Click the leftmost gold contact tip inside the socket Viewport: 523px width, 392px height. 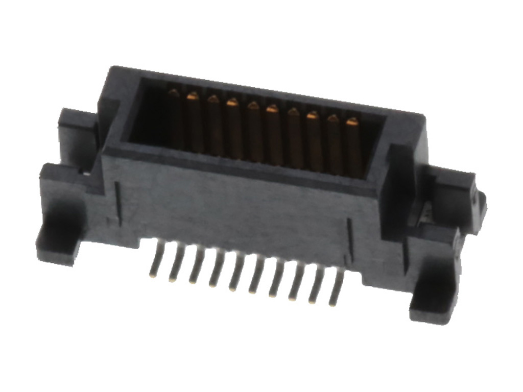pos(174,93)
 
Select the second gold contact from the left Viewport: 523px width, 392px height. pos(193,96)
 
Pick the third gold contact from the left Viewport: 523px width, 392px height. pos(213,99)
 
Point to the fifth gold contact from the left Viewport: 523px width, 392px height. pos(253,106)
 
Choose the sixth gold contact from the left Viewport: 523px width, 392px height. pos(272,109)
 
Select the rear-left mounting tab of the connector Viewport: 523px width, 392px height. pos(77,128)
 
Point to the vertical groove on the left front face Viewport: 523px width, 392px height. pos(118,204)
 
